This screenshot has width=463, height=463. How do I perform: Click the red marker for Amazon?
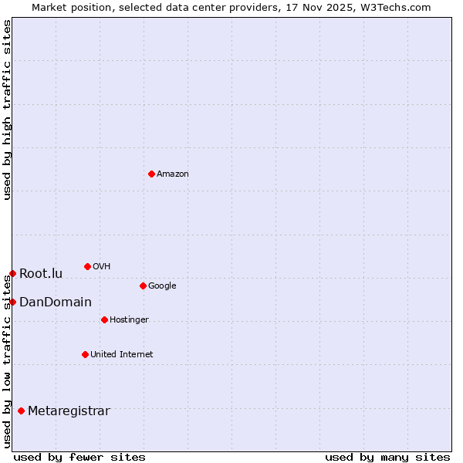151,174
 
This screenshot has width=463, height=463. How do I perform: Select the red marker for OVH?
87,266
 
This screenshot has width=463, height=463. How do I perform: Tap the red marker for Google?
143,286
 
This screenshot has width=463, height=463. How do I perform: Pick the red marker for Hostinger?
104,319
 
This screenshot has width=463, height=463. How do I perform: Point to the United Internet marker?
85,354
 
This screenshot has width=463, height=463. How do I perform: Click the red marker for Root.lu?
12,273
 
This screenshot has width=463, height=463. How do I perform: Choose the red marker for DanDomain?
12,302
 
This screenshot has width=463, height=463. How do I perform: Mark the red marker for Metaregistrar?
21,411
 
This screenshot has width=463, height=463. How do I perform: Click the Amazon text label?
173,174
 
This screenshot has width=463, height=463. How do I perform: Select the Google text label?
162,286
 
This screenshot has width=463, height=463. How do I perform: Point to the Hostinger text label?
129,320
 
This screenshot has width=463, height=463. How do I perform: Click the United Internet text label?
121,355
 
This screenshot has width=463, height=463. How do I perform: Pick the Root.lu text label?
41,274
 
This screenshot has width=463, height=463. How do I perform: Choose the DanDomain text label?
56,302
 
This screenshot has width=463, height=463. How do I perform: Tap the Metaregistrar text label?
69,411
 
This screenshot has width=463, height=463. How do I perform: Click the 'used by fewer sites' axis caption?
79,457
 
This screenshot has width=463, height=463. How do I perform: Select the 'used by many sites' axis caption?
387,457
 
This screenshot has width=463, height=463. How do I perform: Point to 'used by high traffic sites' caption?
7,110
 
